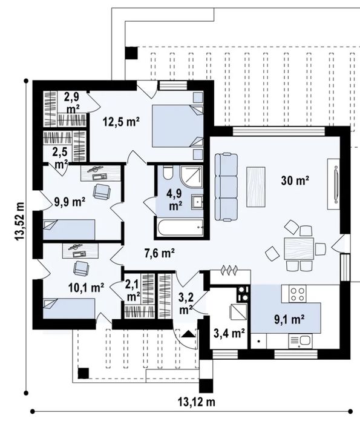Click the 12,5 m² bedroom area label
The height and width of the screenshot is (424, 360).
121,121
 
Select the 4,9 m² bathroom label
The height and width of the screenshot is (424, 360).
176,200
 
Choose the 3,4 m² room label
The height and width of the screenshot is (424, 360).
229,333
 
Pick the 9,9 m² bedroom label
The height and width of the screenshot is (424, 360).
69,202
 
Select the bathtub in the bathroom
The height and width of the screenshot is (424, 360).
177,230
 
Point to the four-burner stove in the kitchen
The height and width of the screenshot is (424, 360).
297,294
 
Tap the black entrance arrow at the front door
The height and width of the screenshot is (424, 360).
188,333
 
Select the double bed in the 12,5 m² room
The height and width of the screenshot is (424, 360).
175,125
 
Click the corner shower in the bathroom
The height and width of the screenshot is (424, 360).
192,175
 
